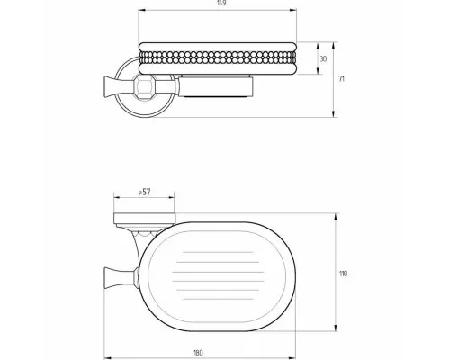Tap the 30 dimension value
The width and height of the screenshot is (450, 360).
coord(323,59)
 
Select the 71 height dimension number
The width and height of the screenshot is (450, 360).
coord(342,79)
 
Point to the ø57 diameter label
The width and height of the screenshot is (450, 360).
coord(145,192)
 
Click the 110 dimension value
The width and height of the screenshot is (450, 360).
coord(343,274)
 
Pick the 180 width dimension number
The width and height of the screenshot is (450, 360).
coord(198,353)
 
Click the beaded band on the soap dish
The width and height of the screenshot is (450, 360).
coord(218,58)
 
